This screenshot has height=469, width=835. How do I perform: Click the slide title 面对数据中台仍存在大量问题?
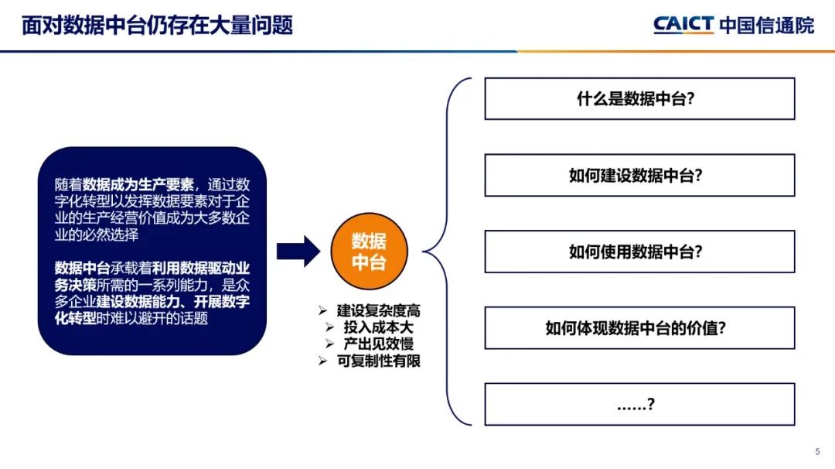click(x=158, y=25)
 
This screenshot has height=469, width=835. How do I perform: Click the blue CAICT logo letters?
click(x=683, y=25)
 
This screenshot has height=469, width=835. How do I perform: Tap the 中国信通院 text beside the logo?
click(x=766, y=25)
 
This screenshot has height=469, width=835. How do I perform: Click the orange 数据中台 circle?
click(x=369, y=251)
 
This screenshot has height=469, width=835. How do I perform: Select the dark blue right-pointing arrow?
click(x=298, y=251)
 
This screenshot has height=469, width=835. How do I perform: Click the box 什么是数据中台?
click(x=639, y=99)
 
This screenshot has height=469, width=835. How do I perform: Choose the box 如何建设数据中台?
click(x=639, y=175)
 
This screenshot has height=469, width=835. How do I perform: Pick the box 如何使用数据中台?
click(x=639, y=252)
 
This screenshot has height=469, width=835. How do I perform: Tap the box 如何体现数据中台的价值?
click(x=639, y=327)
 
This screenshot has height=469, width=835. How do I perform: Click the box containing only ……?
click(x=639, y=404)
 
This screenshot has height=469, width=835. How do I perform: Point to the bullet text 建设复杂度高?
click(x=379, y=311)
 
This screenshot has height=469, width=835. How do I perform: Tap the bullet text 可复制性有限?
click(x=379, y=361)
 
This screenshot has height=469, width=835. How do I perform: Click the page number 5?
click(x=818, y=452)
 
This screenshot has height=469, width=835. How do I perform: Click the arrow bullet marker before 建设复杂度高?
click(x=323, y=311)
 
